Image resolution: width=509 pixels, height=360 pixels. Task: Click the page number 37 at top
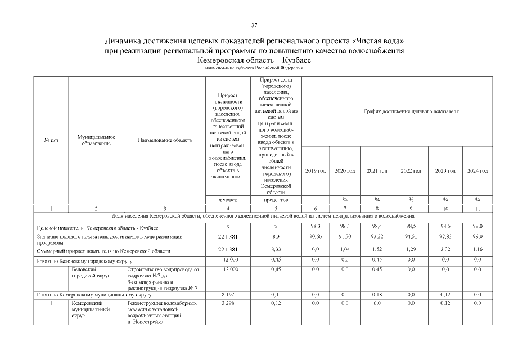[x=254, y=25]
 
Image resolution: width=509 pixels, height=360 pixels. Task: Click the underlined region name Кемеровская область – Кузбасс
[x=254, y=60]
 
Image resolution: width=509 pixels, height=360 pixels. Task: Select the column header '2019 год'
[x=315, y=170]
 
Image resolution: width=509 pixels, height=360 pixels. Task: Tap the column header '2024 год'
[x=477, y=170]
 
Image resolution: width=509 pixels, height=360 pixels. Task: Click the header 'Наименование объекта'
[x=164, y=140]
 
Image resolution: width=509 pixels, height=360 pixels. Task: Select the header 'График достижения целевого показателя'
[x=411, y=111]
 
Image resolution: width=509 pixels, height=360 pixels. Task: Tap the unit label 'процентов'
[x=276, y=200]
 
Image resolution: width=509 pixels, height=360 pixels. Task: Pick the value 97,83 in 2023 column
[x=444, y=237]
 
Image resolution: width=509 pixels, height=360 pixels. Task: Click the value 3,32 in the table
[x=444, y=250]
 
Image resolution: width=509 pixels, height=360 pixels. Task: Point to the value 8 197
[x=227, y=294]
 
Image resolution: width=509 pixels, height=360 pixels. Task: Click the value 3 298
[x=227, y=303]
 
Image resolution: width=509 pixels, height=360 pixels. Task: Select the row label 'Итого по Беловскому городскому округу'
[x=83, y=261]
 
